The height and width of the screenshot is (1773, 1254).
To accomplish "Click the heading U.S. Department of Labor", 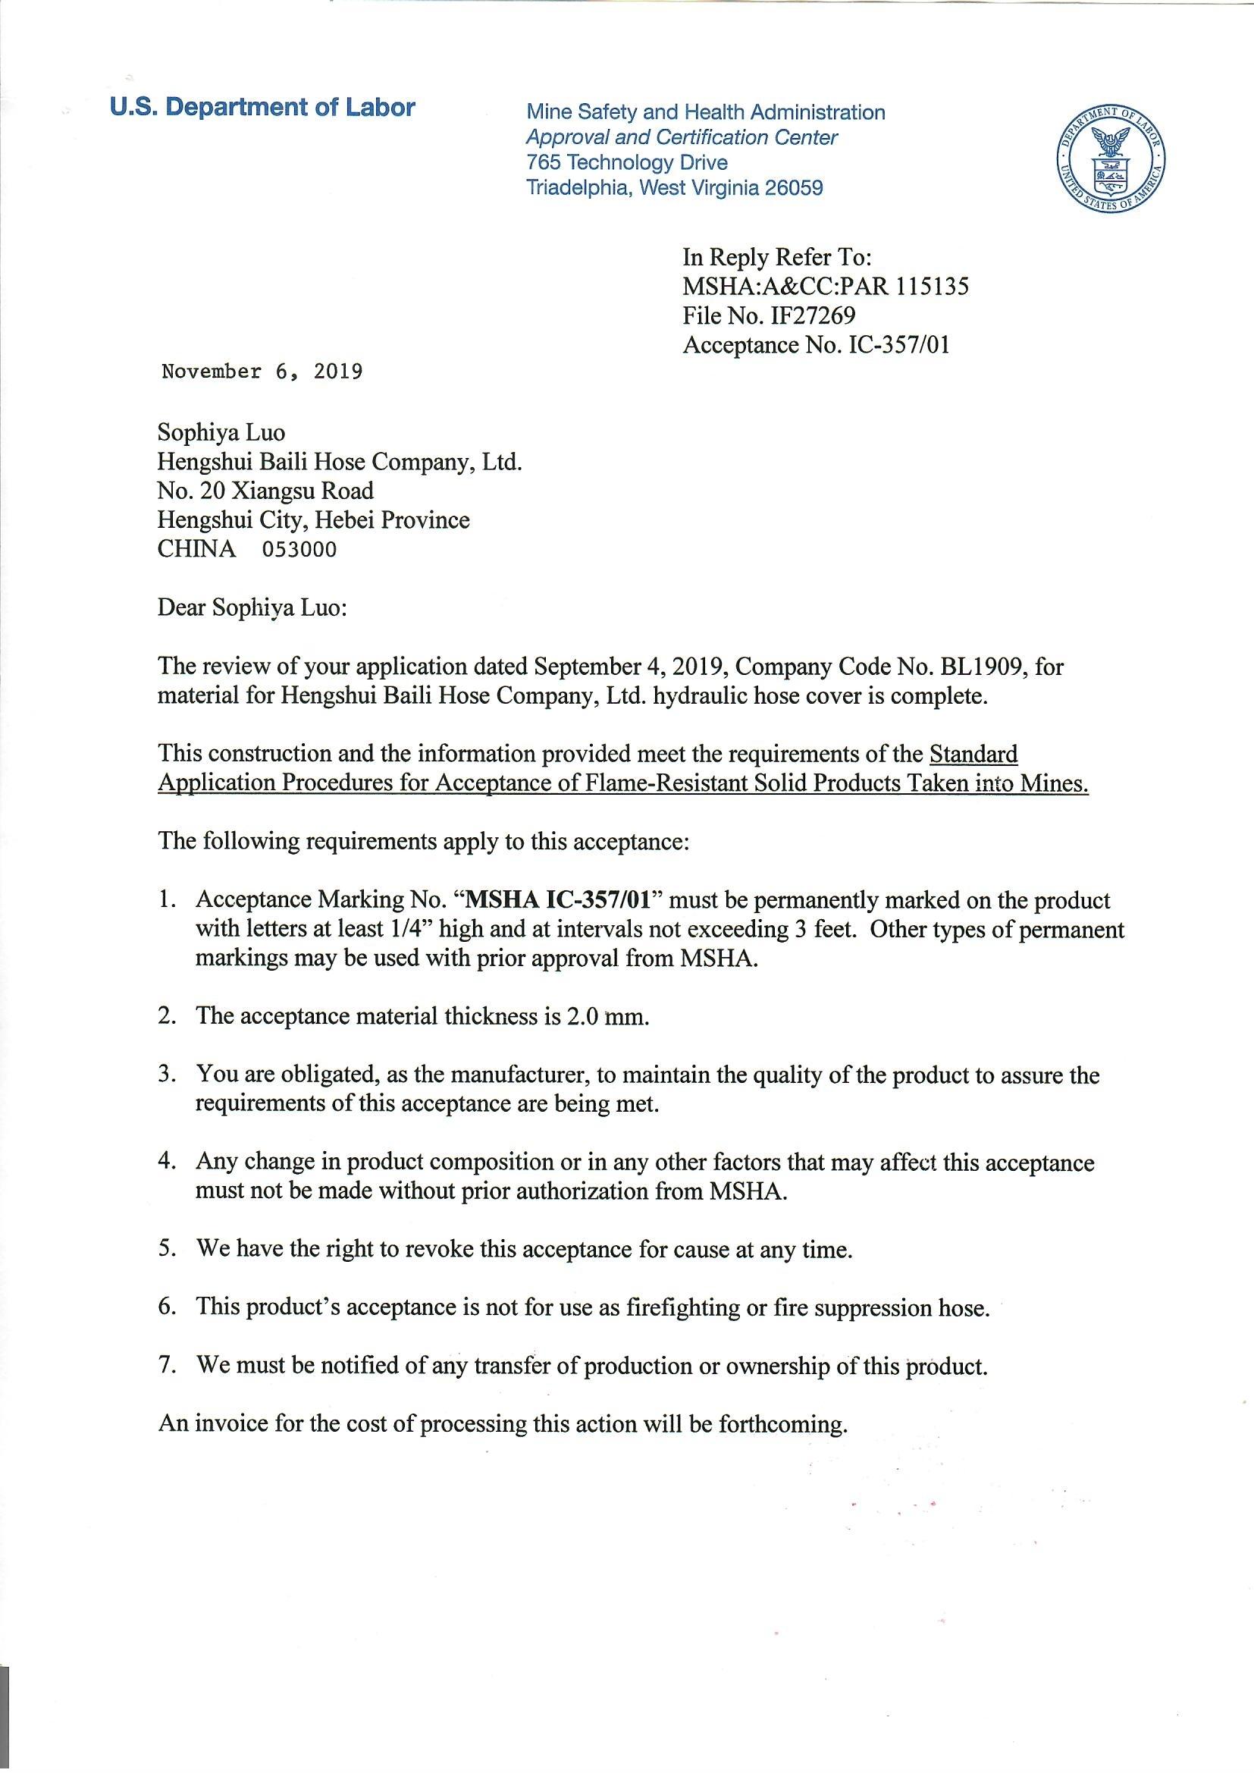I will (x=262, y=108).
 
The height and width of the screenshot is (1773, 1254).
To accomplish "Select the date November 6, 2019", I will (x=262, y=372).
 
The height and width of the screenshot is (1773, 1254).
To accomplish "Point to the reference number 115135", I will (x=931, y=287).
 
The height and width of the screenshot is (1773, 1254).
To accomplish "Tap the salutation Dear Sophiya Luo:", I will (x=252, y=607).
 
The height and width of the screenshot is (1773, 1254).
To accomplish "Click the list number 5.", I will (x=168, y=1249).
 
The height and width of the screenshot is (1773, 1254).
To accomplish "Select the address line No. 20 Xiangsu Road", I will (x=265, y=491).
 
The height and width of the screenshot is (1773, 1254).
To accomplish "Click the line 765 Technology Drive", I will (x=626, y=163).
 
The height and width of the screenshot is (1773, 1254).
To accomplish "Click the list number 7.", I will (x=168, y=1365).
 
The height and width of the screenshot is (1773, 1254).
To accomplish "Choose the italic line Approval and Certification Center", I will (x=681, y=137).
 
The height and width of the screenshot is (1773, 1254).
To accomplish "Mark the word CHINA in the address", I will (x=196, y=549).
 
